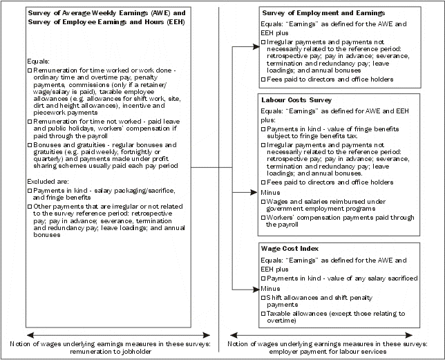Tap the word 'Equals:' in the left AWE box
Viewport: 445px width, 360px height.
(34, 61)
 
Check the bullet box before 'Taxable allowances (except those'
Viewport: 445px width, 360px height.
(264, 314)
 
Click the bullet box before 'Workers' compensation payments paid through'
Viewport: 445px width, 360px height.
(264, 218)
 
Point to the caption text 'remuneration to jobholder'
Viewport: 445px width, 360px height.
(108, 351)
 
